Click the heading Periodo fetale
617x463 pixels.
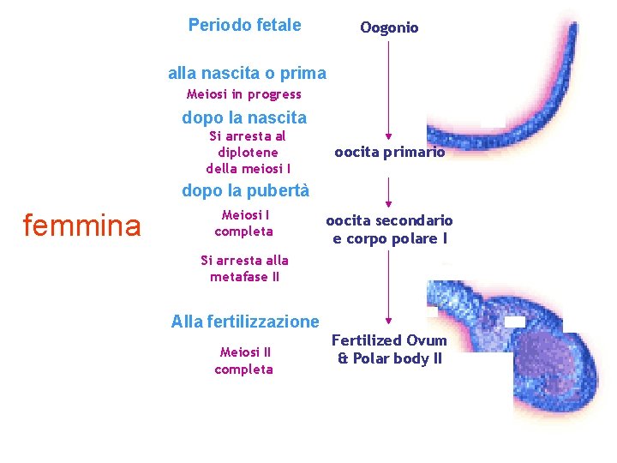click(x=244, y=25)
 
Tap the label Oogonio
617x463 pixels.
click(x=389, y=28)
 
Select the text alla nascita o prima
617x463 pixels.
click(x=247, y=74)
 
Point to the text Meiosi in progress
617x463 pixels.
click(x=244, y=94)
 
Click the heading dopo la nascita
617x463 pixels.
click(x=244, y=117)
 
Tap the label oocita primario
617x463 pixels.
click(x=389, y=153)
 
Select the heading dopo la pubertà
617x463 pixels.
click(x=245, y=190)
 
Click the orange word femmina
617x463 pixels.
click(x=81, y=225)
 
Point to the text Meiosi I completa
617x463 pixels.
click(x=244, y=223)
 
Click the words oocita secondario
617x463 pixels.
click(x=389, y=221)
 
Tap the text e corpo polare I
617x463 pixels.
click(x=390, y=238)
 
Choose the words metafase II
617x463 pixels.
click(x=244, y=277)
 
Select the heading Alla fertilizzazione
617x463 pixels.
click(x=245, y=322)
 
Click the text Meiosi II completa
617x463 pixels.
click(x=244, y=361)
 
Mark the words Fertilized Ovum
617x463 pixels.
click(x=389, y=340)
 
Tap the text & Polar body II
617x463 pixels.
click(x=390, y=358)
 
